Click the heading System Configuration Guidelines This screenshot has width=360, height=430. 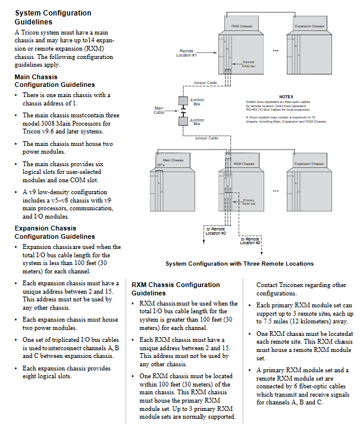(x=53, y=17)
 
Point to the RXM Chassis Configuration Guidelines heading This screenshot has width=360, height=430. (x=176, y=289)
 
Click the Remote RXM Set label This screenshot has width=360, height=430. (x=248, y=64)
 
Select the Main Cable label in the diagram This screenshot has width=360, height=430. (x=158, y=110)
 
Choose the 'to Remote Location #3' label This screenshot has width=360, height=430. (x=215, y=230)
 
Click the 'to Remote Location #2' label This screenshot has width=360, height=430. (x=251, y=241)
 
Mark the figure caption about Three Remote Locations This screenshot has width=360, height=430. (x=239, y=263)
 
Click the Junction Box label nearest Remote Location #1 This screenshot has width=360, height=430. (x=196, y=101)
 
